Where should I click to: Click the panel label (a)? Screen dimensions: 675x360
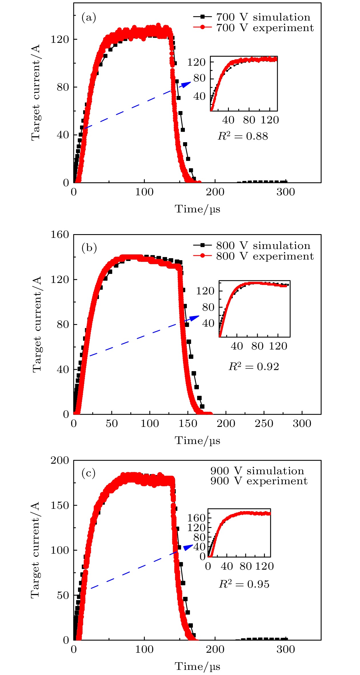tap(89, 18)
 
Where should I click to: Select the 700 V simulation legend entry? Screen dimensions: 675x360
tap(263, 17)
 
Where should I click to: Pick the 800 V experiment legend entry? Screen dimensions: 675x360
tap(265, 256)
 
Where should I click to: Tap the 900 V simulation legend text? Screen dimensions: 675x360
tap(257, 471)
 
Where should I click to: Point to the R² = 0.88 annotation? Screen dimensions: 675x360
tap(243, 136)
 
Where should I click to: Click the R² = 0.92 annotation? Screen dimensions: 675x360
tap(254, 366)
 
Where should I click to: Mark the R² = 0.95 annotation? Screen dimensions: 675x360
tap(244, 584)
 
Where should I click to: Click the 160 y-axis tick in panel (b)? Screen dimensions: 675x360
tap(60, 235)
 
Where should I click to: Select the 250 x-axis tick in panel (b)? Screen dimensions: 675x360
tap(264, 423)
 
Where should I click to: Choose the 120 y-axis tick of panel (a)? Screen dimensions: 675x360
tap(60, 39)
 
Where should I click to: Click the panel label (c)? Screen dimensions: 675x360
tap(89, 473)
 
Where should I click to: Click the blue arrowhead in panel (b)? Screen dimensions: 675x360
tap(195, 318)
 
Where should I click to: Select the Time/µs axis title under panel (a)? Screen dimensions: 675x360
tap(197, 209)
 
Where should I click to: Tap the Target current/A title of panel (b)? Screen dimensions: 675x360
tap(37, 324)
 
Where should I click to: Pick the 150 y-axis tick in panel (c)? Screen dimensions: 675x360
tap(60, 505)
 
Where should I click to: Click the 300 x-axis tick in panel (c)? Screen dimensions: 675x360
tap(285, 649)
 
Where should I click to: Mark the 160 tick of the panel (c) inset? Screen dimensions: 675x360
tap(196, 518)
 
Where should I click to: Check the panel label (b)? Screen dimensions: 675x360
tap(89, 248)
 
